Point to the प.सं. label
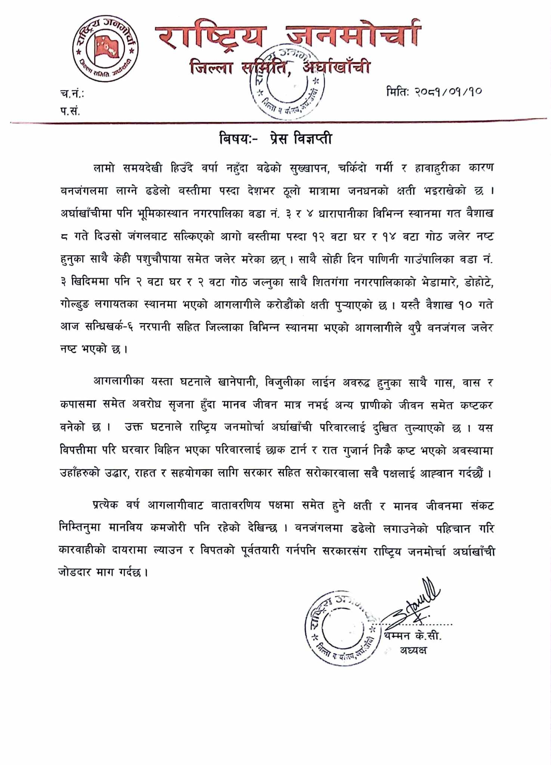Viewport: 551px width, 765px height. point(70,111)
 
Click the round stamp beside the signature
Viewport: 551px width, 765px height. point(342,628)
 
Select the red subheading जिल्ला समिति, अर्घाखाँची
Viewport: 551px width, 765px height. point(280,68)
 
